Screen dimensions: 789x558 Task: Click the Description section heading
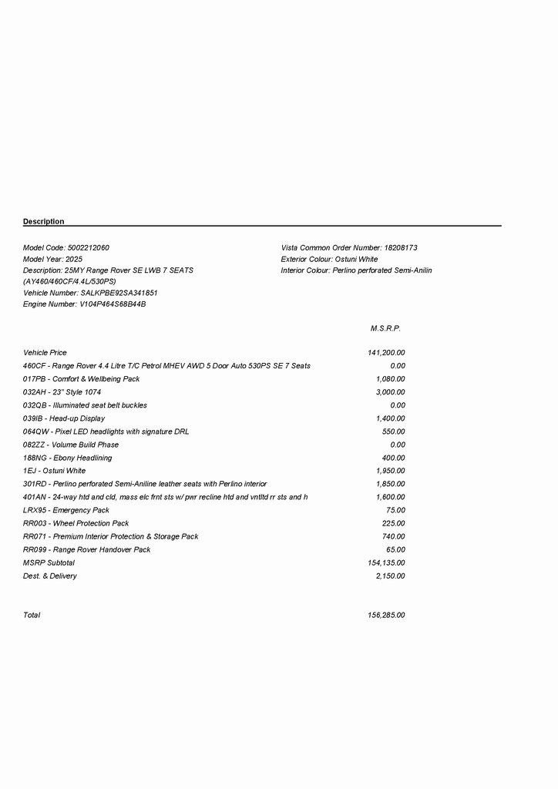click(x=44, y=222)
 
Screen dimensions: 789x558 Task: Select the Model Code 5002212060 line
click(x=66, y=248)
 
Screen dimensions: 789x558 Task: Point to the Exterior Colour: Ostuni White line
click(x=329, y=260)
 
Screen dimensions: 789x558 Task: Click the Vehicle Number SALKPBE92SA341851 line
click(x=90, y=294)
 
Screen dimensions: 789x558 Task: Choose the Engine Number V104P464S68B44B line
click(x=85, y=304)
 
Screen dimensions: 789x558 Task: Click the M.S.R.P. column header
click(x=385, y=329)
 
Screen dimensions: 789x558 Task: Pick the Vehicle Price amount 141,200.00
click(x=386, y=353)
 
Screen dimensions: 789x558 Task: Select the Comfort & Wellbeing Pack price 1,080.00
click(x=390, y=379)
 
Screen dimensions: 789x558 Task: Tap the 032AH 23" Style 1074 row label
click(x=62, y=392)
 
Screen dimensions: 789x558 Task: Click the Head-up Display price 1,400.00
click(x=390, y=418)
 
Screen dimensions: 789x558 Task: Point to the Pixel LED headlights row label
click(x=106, y=431)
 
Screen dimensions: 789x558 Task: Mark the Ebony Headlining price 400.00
click(x=393, y=458)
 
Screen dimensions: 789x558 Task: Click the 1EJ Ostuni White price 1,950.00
click(x=390, y=471)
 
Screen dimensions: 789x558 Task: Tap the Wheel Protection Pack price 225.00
click(x=393, y=523)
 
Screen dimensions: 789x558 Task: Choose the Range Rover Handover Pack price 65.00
click(x=395, y=549)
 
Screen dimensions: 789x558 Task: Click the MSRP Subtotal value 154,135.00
click(x=386, y=562)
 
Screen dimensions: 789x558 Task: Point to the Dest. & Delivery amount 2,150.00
click(x=390, y=576)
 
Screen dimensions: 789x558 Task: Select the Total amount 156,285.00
click(x=386, y=615)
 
